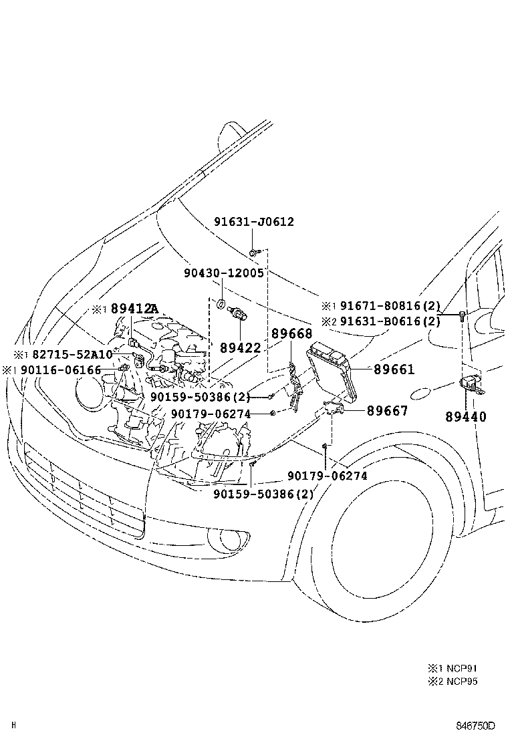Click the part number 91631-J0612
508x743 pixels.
pyautogui.click(x=254, y=222)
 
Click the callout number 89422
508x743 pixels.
pyautogui.click(x=241, y=348)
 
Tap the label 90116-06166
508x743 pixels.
pyautogui.click(x=61, y=369)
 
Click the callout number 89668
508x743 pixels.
pyautogui.click(x=291, y=333)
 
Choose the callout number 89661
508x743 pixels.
pyautogui.click(x=394, y=368)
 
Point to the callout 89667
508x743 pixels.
pyautogui.click(x=387, y=411)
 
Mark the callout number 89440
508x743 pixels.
pyautogui.click(x=466, y=417)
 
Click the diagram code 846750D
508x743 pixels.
pyautogui.click(x=475, y=726)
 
